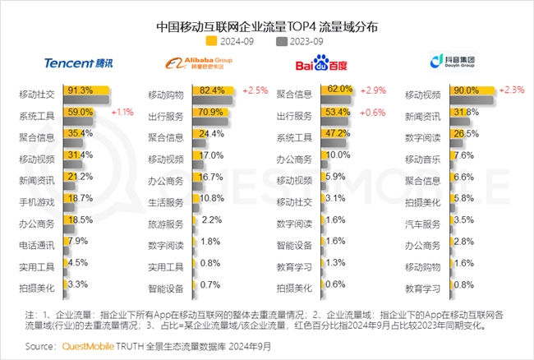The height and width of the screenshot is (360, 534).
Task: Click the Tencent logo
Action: point(75,63)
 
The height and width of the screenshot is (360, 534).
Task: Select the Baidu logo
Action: point(321,63)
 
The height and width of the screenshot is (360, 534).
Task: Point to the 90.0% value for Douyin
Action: point(466,90)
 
